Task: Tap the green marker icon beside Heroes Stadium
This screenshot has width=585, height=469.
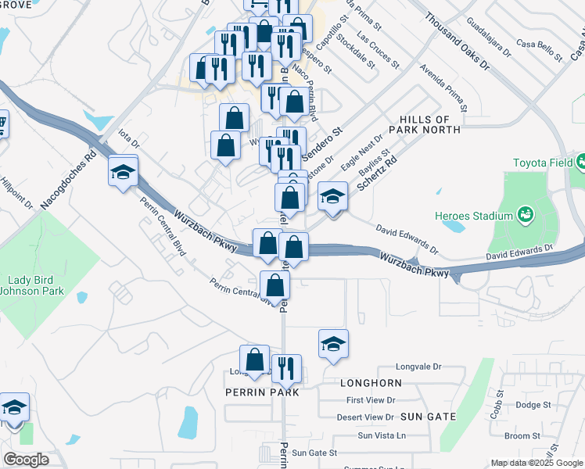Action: point(525,214)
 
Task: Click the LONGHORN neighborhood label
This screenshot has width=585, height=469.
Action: point(371,383)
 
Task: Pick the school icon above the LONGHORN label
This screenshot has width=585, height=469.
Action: point(333,343)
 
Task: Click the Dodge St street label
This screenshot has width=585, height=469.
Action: point(533,404)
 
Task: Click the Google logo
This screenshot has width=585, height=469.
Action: point(26,460)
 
